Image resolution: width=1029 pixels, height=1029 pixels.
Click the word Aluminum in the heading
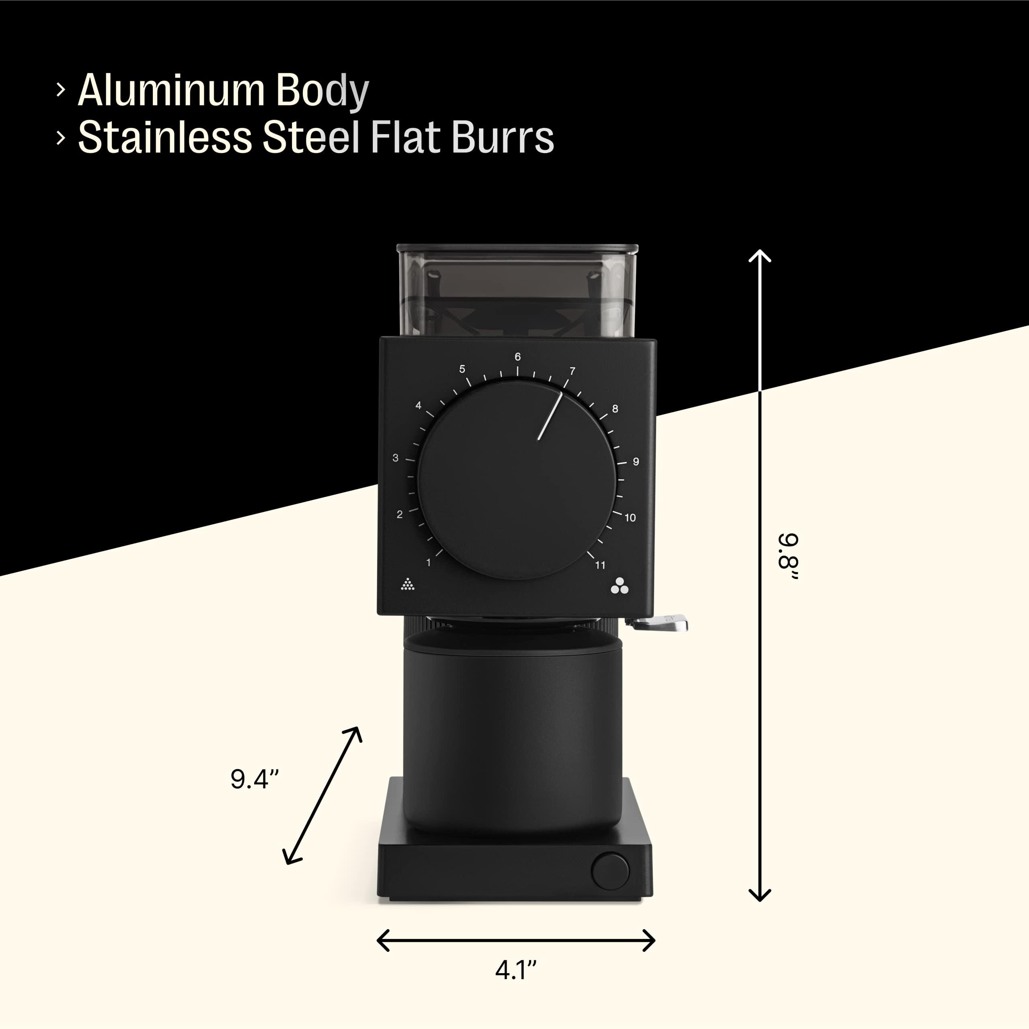click(171, 90)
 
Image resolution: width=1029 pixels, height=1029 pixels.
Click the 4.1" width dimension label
click(515, 970)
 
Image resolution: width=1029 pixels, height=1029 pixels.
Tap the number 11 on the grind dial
click(600, 566)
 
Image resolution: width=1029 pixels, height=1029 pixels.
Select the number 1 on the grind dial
click(428, 562)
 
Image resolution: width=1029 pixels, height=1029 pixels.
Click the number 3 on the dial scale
click(395, 457)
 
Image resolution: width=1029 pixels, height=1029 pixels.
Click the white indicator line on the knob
click(550, 416)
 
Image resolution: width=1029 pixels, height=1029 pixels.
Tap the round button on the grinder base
click(610, 871)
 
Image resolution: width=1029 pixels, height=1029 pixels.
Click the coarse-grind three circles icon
click(619, 586)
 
